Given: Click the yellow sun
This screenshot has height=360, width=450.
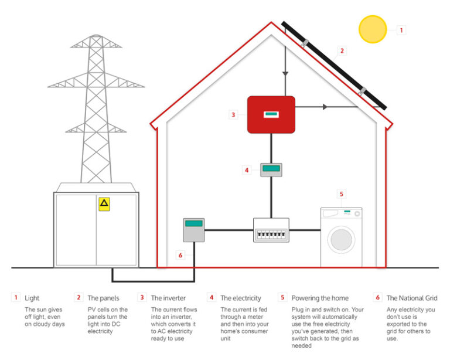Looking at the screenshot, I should [373, 29].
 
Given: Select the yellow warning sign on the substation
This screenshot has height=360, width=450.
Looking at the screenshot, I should [104, 203].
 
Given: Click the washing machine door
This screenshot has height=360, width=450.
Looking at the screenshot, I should [341, 240].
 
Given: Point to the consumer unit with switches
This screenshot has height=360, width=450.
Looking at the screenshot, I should [271, 230].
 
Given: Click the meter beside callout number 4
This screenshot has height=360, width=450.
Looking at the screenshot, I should [271, 170].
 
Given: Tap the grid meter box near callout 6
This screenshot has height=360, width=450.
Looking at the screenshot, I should [194, 229].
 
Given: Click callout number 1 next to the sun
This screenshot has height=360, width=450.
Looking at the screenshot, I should [401, 29].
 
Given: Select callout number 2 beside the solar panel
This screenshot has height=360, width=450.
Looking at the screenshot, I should [342, 50].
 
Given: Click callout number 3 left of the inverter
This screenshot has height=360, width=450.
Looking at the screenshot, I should [233, 115].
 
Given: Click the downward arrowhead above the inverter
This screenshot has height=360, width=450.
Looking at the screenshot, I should [285, 74].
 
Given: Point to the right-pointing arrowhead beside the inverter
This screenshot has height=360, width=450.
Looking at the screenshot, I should [325, 107].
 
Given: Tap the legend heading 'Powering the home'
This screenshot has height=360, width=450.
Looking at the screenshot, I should [320, 298].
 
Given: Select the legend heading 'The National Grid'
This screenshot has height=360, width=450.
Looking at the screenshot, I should [412, 298].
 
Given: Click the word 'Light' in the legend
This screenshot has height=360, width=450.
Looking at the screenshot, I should [32, 298].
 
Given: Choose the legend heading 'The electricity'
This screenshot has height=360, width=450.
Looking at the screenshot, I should [241, 298].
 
